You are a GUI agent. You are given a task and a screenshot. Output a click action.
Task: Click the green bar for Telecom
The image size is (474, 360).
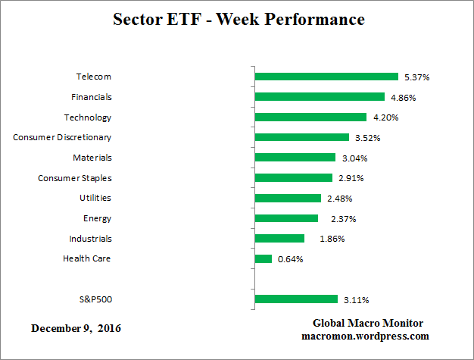(x=326, y=77)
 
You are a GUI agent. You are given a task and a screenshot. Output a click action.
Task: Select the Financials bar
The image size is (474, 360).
(x=320, y=97)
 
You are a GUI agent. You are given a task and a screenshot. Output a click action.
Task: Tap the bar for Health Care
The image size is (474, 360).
(x=264, y=259)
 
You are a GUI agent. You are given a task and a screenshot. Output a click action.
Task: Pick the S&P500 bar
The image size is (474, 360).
(x=296, y=299)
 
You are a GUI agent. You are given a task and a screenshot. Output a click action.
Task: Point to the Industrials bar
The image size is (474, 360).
(x=279, y=239)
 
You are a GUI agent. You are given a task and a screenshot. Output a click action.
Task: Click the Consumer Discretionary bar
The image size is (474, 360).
(x=302, y=137)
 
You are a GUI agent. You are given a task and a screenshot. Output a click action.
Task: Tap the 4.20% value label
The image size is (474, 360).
(x=385, y=117)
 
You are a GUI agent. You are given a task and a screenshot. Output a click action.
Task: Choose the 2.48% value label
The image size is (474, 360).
(x=339, y=199)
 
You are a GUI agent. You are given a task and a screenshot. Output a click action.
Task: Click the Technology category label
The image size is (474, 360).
(x=87, y=117)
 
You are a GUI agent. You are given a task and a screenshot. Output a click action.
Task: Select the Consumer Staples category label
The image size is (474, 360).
(x=75, y=178)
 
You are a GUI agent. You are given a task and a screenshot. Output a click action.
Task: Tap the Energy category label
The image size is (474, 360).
(x=97, y=218)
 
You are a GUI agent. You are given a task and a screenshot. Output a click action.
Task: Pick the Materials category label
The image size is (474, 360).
(x=92, y=158)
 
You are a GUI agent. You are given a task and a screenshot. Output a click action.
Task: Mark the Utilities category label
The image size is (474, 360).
(x=95, y=198)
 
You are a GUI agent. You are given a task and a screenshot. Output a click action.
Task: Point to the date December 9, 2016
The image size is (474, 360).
(x=76, y=329)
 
